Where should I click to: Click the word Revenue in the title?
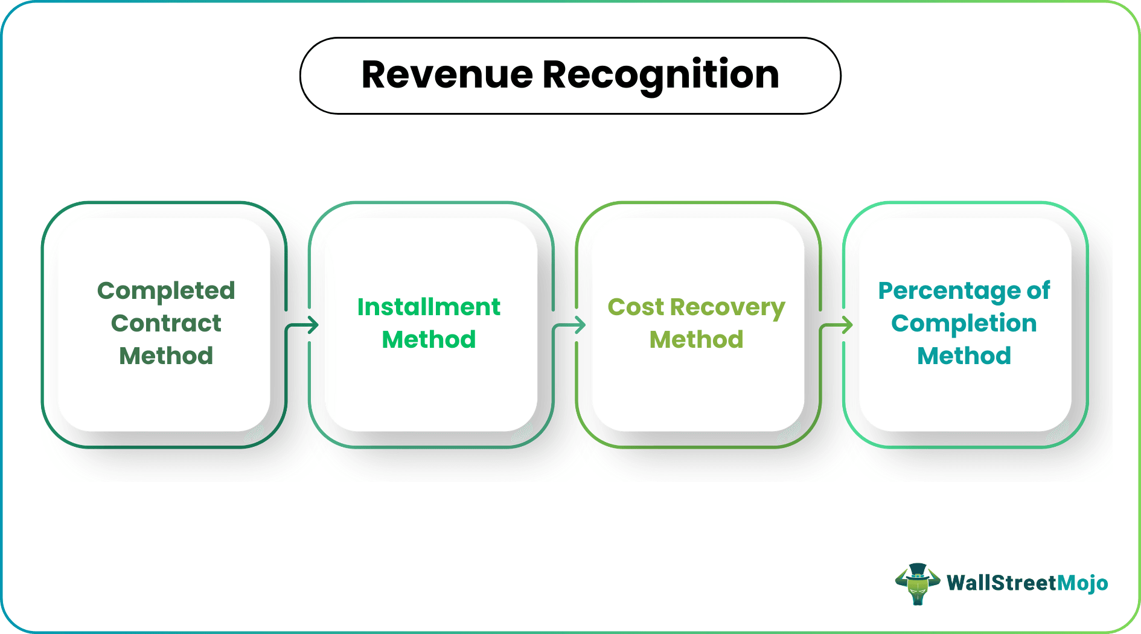447,75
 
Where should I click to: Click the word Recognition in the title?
660,75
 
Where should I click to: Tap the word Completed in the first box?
166,291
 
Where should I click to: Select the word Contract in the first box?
166,324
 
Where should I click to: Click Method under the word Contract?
166,356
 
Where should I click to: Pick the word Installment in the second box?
429,307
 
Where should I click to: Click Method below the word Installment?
429,340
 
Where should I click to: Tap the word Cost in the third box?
636,307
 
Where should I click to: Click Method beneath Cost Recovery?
696,340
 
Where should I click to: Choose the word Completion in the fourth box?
964,324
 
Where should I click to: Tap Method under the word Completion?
964,356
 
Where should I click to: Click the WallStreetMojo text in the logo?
1027,583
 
